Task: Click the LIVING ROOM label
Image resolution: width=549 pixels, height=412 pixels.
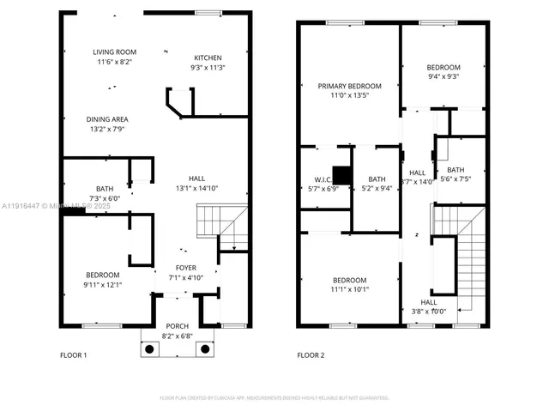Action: pos(114,52)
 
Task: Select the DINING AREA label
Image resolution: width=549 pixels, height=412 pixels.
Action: pos(107,119)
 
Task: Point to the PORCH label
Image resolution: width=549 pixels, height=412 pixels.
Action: pos(178,326)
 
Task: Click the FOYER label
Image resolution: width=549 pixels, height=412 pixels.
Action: pos(185,268)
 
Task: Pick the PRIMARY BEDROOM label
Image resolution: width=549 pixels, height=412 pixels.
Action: pos(349,86)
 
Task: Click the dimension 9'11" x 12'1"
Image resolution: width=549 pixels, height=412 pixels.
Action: pos(102,284)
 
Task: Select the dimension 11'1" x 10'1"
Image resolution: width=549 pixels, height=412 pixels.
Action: pos(349,290)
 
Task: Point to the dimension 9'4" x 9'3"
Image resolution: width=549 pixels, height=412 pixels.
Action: pos(443,77)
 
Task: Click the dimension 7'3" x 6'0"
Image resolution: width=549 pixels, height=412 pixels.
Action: pos(105,198)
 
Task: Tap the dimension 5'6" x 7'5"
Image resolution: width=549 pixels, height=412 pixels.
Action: pos(455,179)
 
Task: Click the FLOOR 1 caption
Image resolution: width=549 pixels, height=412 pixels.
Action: pos(74,354)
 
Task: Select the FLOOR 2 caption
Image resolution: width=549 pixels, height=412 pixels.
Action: pos(311,354)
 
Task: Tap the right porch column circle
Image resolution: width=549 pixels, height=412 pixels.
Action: pos(205,348)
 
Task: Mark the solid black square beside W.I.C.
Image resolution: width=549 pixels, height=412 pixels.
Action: pos(342,175)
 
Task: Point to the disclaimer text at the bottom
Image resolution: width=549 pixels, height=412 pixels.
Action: pos(274,397)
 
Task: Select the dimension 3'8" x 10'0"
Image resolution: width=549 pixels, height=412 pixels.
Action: pos(429,312)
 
